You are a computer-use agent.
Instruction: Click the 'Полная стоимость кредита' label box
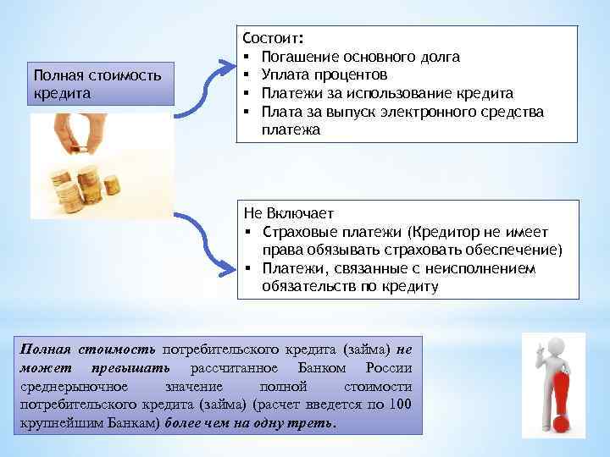tap(101, 83)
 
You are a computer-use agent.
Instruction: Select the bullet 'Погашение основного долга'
tap(361, 57)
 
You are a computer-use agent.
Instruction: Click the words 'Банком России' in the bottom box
tap(355, 367)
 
